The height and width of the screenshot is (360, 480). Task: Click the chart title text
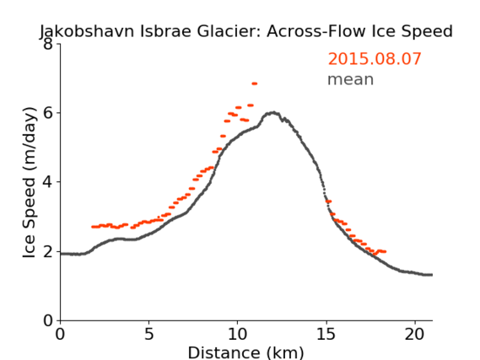(x=246, y=31)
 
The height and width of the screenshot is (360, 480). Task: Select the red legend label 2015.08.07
(x=375, y=59)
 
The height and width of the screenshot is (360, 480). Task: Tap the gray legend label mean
(x=351, y=79)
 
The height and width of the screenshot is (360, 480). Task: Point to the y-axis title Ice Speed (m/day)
(x=30, y=182)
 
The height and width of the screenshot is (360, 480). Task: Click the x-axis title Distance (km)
(x=245, y=352)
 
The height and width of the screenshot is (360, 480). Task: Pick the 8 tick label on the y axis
(x=48, y=44)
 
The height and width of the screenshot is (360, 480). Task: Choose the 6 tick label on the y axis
(x=48, y=113)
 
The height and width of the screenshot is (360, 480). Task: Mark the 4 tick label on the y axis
(x=48, y=182)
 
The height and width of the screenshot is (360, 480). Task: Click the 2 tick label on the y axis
(x=48, y=251)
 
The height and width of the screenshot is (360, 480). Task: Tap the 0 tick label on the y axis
(x=48, y=320)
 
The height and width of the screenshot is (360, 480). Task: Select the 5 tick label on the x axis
(x=148, y=335)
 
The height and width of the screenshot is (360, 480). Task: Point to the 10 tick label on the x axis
(x=237, y=335)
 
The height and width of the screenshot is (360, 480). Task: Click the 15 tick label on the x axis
(x=326, y=335)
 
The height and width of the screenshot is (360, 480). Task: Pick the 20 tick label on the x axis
(x=415, y=335)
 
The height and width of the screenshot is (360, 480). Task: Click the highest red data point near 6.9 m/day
(x=255, y=83)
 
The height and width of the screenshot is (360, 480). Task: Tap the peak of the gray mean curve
(x=273, y=113)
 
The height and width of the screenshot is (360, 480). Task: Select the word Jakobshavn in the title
(x=87, y=31)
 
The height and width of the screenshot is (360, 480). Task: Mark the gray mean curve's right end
(x=432, y=275)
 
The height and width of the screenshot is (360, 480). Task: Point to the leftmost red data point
(x=94, y=227)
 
